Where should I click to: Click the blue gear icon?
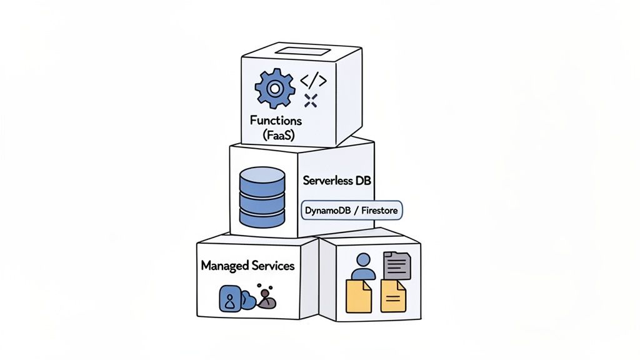tap(273, 88)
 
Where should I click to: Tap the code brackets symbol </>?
tap(313, 81)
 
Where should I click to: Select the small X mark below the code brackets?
tap(311, 100)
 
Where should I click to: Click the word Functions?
tap(276, 120)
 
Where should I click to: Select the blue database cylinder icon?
tap(262, 197)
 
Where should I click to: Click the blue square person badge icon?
tap(229, 299)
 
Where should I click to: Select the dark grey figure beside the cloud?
tap(267, 299)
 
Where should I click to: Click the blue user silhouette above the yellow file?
tap(363, 266)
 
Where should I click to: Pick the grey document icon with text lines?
tap(397, 265)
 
